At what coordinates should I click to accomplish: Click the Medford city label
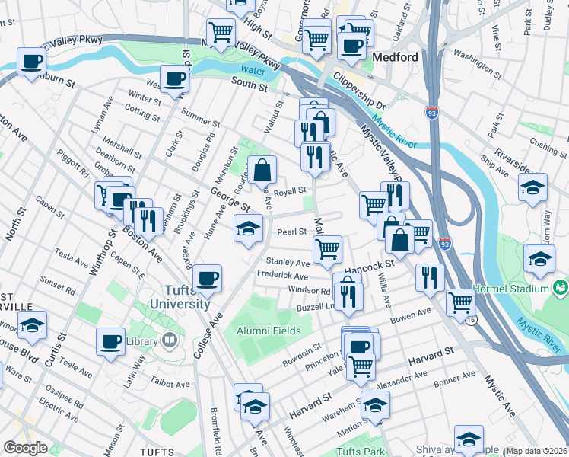tap(396, 58)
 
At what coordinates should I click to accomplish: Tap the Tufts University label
tap(187, 297)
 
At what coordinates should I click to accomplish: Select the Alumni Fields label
tap(263, 331)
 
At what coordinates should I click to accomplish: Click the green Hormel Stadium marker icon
tap(561, 288)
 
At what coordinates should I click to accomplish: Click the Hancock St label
tap(369, 263)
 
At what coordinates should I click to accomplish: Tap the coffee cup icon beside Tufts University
tap(207, 278)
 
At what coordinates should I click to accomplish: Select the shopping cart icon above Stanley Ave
tap(327, 248)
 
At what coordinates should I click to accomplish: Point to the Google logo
tap(24, 448)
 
